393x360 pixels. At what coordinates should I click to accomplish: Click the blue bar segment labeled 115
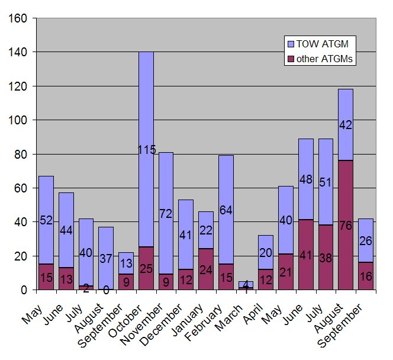(146, 149)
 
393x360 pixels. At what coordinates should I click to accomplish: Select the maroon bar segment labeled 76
(345, 225)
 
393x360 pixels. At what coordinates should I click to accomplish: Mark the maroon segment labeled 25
(146, 268)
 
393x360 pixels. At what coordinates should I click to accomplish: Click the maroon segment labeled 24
(206, 269)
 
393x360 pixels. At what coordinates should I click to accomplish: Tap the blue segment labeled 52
(46, 220)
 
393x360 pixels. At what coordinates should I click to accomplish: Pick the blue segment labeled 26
(365, 241)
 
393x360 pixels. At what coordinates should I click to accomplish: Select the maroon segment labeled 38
(325, 258)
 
